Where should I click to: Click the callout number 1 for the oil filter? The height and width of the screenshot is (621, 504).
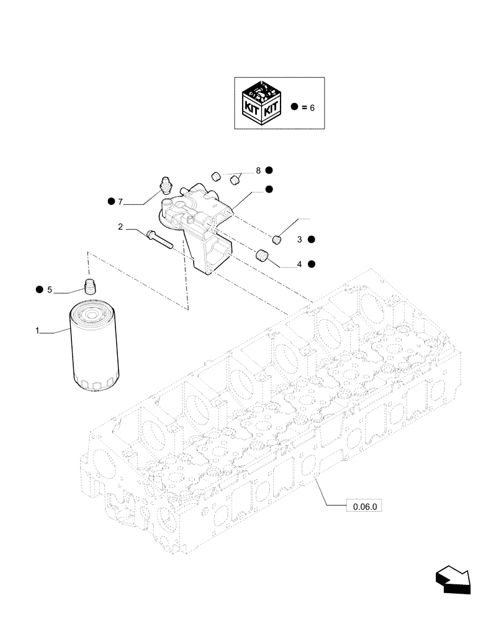pyautogui.click(x=38, y=332)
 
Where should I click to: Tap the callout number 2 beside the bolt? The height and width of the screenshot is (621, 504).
pyautogui.click(x=121, y=229)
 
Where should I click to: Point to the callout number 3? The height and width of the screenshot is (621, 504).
pyautogui.click(x=299, y=239)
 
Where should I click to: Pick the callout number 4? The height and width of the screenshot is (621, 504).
pyautogui.click(x=299, y=264)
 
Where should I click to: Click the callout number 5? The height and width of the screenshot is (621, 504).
pyautogui.click(x=50, y=289)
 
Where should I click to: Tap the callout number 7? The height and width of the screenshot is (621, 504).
pyautogui.click(x=121, y=201)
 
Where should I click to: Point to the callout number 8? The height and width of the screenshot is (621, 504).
pyautogui.click(x=258, y=170)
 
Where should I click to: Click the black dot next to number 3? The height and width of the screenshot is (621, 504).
pyautogui.click(x=311, y=239)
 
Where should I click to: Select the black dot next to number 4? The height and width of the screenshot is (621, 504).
pyautogui.click(x=311, y=264)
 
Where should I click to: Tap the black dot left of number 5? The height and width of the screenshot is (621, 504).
pyautogui.click(x=39, y=289)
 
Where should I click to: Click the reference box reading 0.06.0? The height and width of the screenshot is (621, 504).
pyautogui.click(x=364, y=506)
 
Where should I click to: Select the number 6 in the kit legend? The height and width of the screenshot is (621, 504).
pyautogui.click(x=312, y=107)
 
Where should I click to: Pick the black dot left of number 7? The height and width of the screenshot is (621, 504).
pyautogui.click(x=110, y=201)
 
